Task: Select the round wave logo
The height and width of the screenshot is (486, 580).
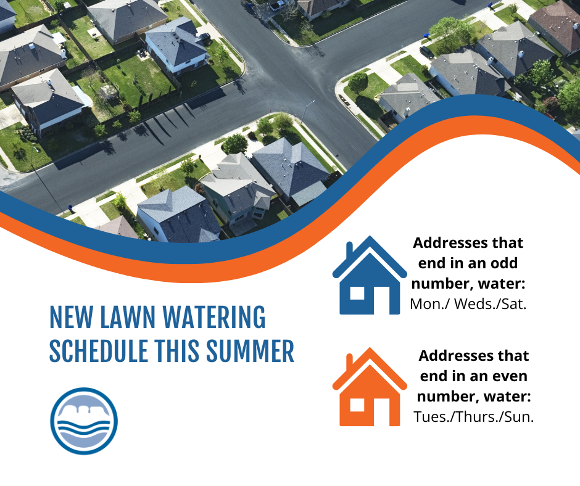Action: click(x=84, y=421)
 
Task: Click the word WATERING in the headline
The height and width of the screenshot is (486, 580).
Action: click(x=213, y=318)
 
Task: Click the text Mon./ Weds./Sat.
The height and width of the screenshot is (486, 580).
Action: click(x=468, y=304)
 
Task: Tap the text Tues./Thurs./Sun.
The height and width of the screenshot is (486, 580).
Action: click(x=474, y=416)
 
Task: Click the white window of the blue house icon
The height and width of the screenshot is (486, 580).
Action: click(x=357, y=293)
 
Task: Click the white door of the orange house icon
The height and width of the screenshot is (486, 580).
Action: click(x=381, y=411)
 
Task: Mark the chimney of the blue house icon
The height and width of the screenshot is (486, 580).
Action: click(x=349, y=251)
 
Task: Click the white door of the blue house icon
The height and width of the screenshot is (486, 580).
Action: click(x=381, y=300)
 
